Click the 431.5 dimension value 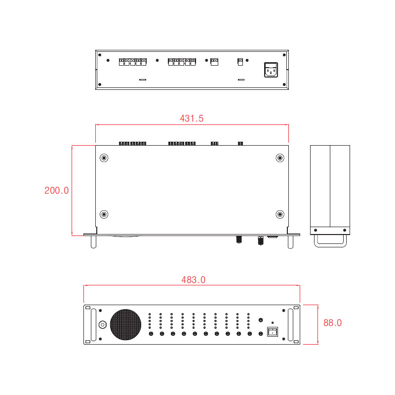[192, 118]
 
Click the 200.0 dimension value [56, 191]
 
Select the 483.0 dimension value [193, 280]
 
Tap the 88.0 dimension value [332, 323]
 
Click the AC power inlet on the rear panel [271, 70]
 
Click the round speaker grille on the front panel [125, 324]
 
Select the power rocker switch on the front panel [273, 331]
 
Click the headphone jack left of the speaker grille [103, 324]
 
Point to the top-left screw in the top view [104, 158]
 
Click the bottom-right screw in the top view [280, 214]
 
